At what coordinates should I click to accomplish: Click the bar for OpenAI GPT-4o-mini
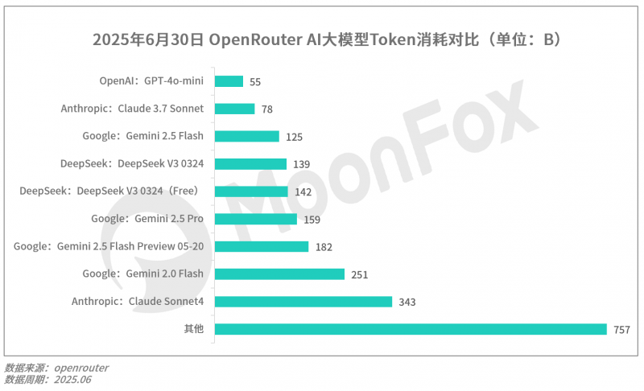tap(229, 81)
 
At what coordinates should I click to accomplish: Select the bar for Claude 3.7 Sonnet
tap(235, 109)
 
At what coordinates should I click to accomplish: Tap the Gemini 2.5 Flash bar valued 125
tap(247, 136)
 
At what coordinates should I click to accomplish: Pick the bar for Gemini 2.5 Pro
tap(256, 219)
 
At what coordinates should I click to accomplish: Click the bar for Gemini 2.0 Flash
tap(280, 274)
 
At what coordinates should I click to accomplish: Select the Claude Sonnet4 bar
tap(303, 302)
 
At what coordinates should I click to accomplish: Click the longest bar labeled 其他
tap(411, 329)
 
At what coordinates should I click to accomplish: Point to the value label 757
tap(621, 330)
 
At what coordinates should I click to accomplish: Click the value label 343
tap(407, 303)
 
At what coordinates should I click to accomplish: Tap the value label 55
tap(256, 82)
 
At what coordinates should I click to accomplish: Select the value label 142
tap(303, 192)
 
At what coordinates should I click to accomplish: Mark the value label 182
tap(324, 247)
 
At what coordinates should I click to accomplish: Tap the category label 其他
tap(193, 329)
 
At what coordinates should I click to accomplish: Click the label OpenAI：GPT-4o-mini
tap(151, 81)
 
